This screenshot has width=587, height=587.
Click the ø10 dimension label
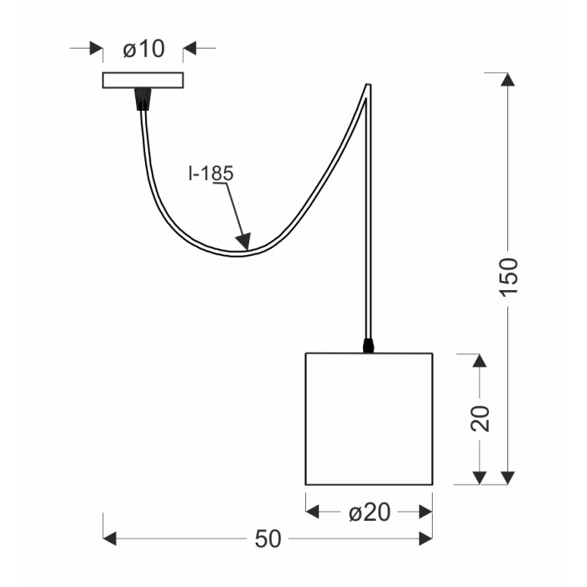click(x=143, y=49)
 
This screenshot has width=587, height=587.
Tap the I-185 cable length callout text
click(x=211, y=174)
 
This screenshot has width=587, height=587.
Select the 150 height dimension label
click(x=509, y=278)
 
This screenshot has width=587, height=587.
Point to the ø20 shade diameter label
click(x=370, y=512)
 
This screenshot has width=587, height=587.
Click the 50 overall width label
click(x=268, y=539)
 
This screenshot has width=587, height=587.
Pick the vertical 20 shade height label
click(x=480, y=418)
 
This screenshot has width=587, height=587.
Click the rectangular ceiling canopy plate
click(x=143, y=81)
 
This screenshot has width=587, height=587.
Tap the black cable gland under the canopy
click(x=143, y=99)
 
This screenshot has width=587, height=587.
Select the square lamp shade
click(x=369, y=419)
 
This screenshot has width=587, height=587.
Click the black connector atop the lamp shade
click(x=368, y=345)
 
